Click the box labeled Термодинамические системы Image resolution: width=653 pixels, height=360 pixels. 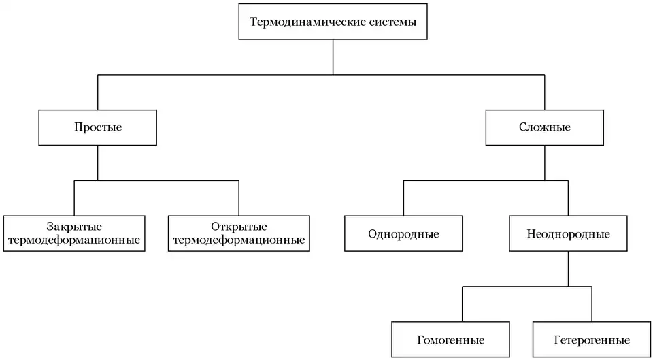coord(333,22)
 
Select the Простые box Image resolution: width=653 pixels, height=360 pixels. coord(98,127)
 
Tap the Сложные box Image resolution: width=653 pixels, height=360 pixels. coord(545,127)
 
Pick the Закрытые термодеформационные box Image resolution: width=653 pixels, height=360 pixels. coord(75,233)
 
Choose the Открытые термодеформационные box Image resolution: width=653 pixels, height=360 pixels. coord(239,233)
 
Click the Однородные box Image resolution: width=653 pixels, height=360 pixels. coord(403,234)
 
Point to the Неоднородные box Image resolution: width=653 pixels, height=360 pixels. coord(568,234)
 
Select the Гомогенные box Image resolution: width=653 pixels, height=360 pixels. coord(451,340)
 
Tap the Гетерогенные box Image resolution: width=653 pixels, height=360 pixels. coord(592,340)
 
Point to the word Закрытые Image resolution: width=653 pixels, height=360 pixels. coord(75,227)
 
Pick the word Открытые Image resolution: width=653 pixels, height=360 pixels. coord(239,227)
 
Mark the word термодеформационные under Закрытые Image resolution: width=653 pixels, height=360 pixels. coord(75,240)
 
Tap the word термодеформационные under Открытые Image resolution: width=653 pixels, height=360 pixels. coord(239,240)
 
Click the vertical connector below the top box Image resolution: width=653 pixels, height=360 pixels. coord(333,57)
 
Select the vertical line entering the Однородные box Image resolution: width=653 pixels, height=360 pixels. coord(403,199)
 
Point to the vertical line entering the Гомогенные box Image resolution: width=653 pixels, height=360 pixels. coord(463,304)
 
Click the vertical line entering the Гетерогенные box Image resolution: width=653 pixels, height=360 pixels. coord(592,304)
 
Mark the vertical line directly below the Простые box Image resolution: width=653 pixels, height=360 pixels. coord(98,162)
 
